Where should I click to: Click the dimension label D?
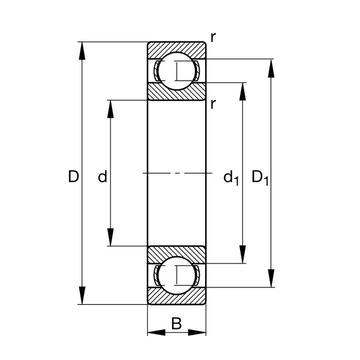coord(73,176)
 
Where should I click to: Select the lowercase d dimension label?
coord(103,176)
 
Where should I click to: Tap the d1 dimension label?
coord(231,177)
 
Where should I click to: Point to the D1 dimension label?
coord(260,177)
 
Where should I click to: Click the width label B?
coord(176,324)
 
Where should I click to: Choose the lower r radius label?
coord(213,104)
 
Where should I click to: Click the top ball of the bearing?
coord(177,71)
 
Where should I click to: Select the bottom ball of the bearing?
coord(177,275)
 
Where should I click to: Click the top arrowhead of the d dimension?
coord(110,108)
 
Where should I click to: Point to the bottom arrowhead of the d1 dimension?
coord(243,255)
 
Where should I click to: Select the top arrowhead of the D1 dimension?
coord(272,67)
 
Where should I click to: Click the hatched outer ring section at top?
coord(177,47)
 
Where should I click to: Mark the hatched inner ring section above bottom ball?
coord(177,253)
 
